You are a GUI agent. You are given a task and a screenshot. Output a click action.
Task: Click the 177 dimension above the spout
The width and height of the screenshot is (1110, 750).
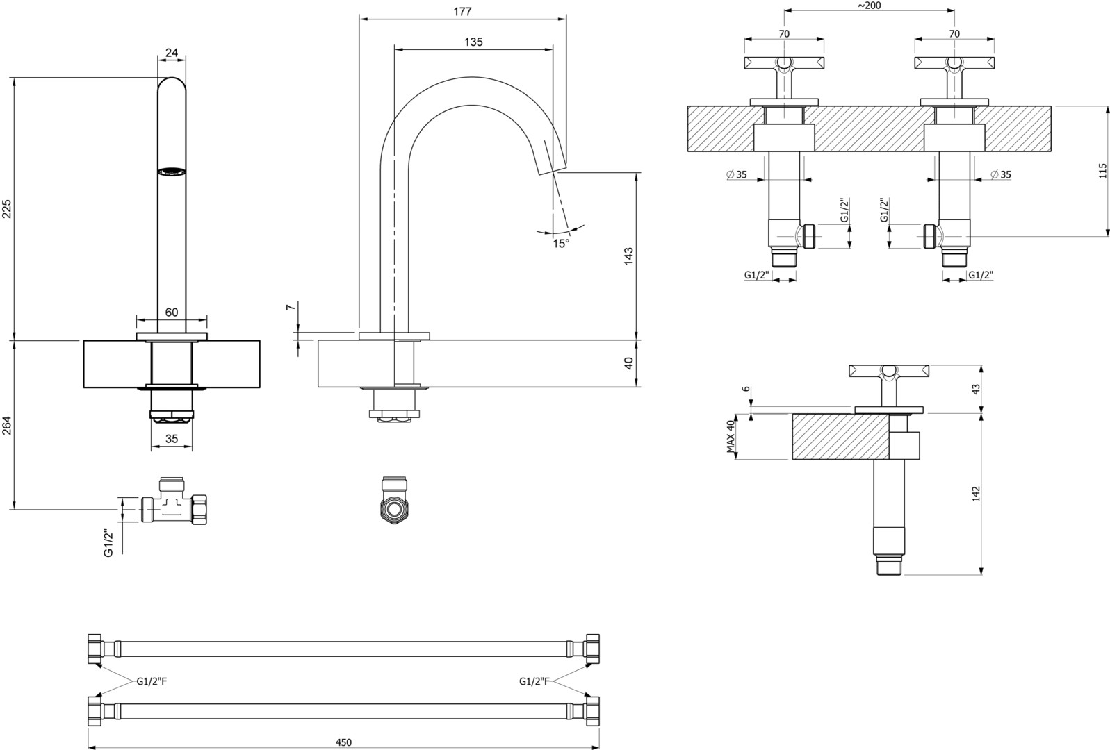462,11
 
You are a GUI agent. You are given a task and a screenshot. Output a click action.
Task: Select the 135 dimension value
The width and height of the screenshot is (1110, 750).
473,42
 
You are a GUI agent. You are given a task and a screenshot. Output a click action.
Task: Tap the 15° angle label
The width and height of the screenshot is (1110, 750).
561,243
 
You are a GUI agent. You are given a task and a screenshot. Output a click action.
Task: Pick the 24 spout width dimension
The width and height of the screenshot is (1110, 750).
172,51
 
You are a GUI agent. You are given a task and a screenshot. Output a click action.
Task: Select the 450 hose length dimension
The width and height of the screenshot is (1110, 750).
343,742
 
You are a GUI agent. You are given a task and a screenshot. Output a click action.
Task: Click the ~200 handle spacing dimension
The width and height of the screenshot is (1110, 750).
869,6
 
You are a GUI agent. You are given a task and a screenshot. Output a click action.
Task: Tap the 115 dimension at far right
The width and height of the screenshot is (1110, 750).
1102,171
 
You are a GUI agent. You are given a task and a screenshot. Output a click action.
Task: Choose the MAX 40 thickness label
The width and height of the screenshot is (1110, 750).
731,437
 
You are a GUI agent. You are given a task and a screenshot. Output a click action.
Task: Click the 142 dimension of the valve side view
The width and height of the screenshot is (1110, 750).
976,494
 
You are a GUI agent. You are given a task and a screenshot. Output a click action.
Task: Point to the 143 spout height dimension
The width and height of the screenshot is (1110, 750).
629,255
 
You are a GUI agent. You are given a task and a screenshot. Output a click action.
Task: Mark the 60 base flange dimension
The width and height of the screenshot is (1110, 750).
172,312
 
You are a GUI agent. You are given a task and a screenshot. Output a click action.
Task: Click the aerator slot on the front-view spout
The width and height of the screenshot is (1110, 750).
172,170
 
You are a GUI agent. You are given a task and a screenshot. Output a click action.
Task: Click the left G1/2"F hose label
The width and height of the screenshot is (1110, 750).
152,681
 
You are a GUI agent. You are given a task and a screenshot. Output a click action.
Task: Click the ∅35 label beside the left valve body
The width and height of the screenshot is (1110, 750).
737,174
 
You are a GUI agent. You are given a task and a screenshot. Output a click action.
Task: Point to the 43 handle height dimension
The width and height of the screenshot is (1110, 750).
976,389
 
